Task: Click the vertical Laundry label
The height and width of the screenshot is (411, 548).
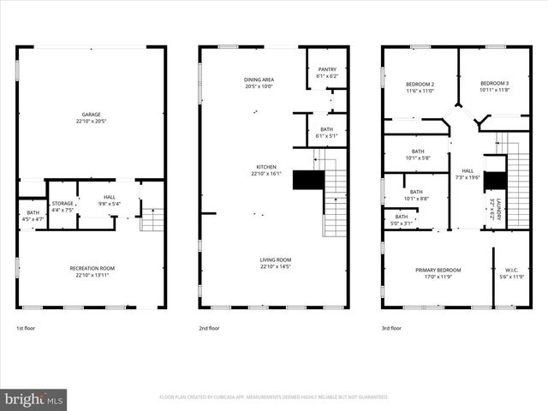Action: click(494, 209)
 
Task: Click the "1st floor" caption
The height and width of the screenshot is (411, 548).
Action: click(27, 328)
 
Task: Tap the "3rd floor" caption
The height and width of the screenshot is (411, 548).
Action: click(391, 328)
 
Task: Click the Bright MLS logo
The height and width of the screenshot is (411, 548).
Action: click(34, 399)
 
